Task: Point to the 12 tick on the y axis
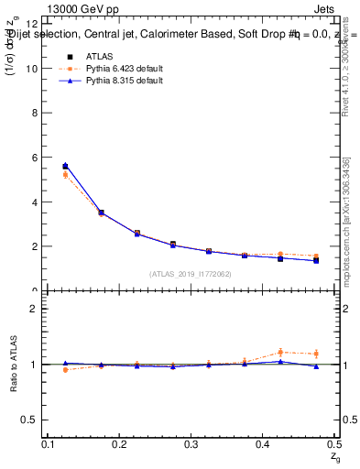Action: tap(32, 24)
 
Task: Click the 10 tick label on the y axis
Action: tap(32, 69)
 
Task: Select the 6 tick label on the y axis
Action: tap(35, 158)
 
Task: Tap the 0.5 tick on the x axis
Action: tap(334, 443)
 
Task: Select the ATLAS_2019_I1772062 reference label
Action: tap(190, 274)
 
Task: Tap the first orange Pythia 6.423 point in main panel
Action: tap(65, 175)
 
